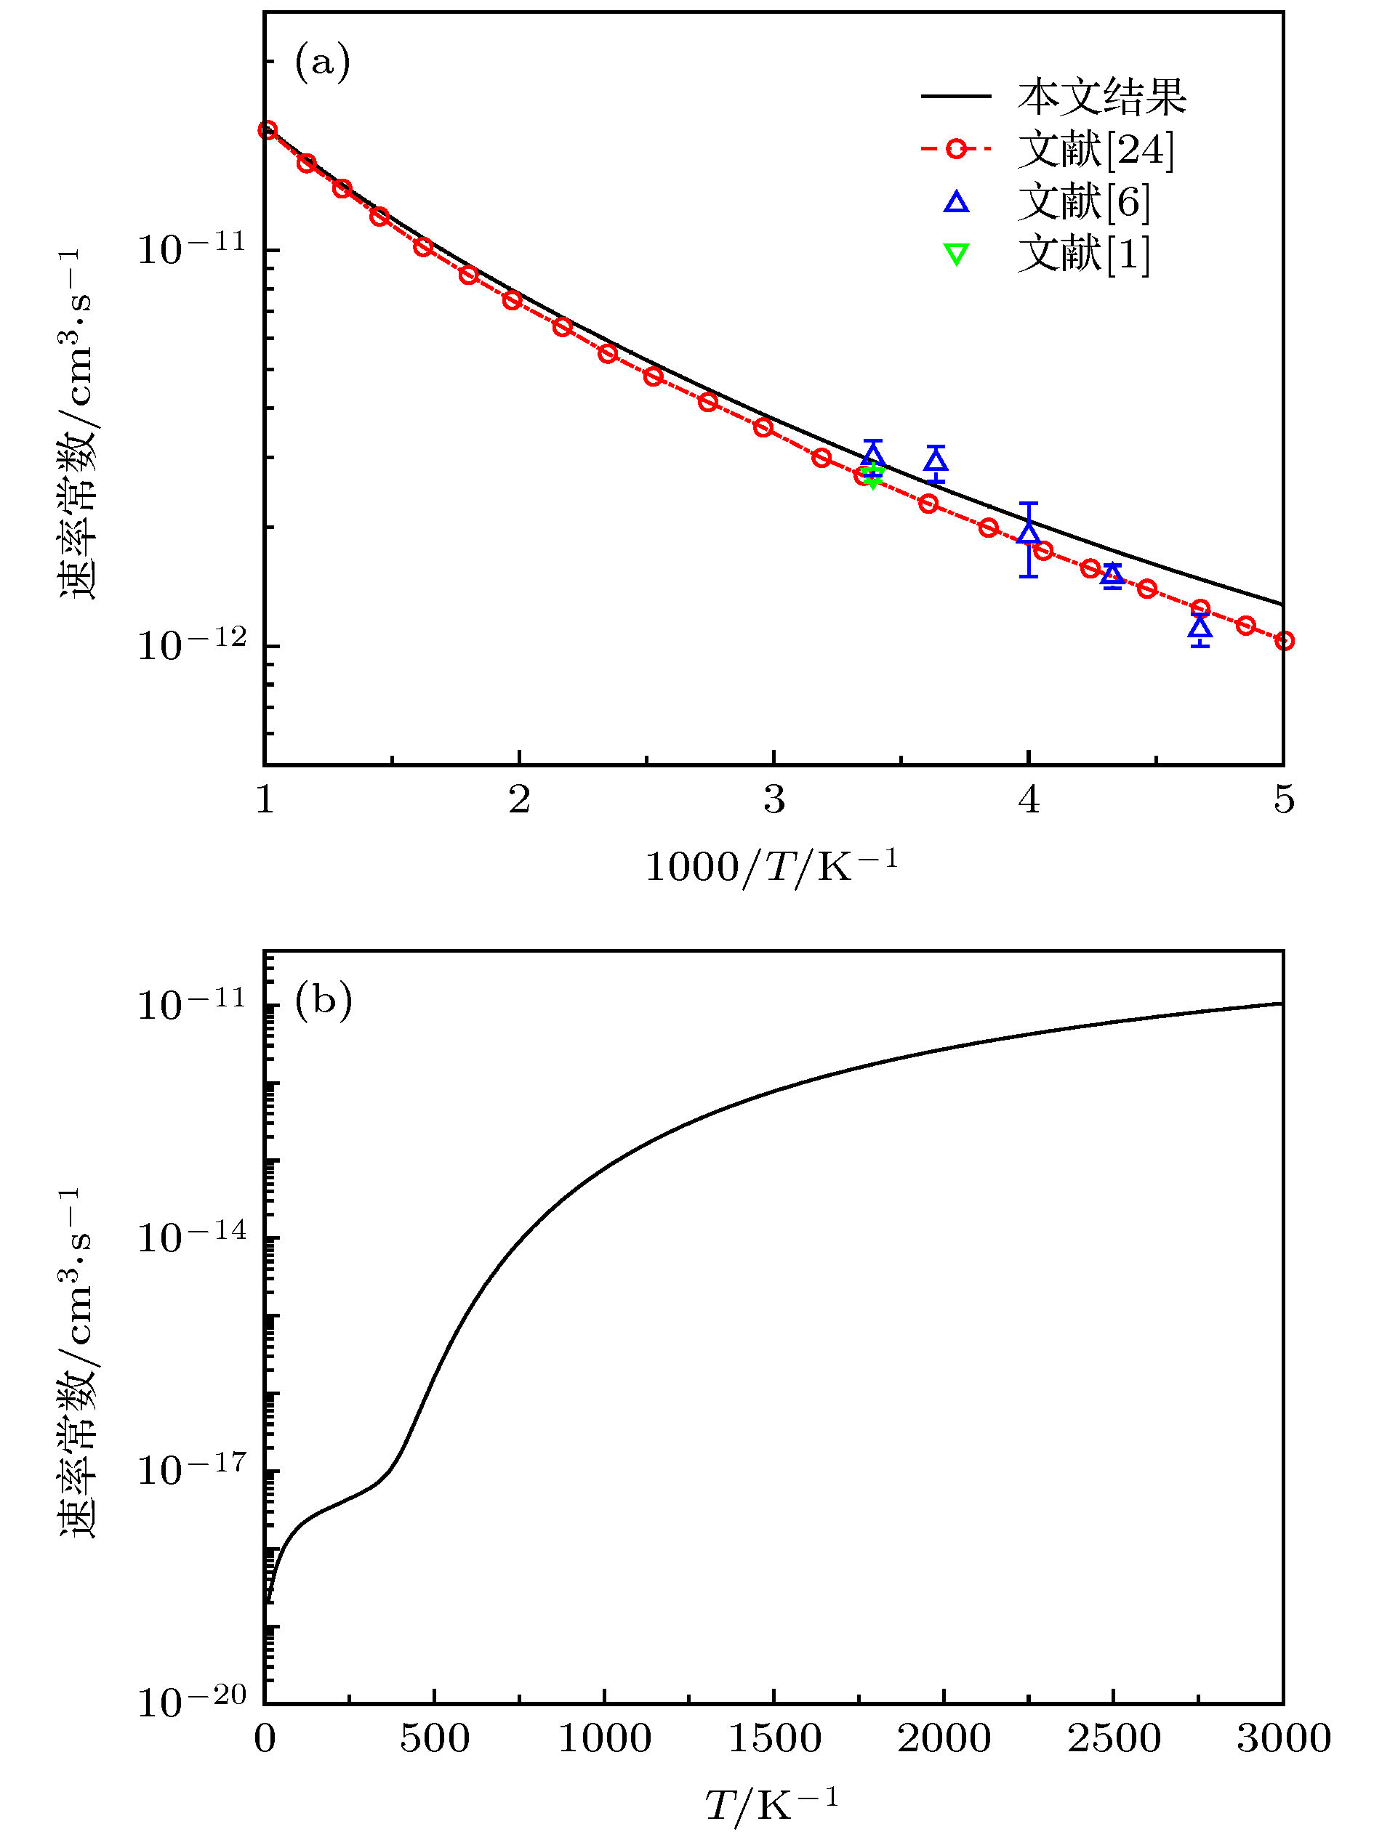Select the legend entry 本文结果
1101,97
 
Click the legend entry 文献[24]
1096,150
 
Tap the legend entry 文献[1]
1084,254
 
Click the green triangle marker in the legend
956,254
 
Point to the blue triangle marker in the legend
956,202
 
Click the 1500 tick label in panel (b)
774,1738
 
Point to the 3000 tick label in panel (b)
1283,1738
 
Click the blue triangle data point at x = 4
1029,530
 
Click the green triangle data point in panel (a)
872,479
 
